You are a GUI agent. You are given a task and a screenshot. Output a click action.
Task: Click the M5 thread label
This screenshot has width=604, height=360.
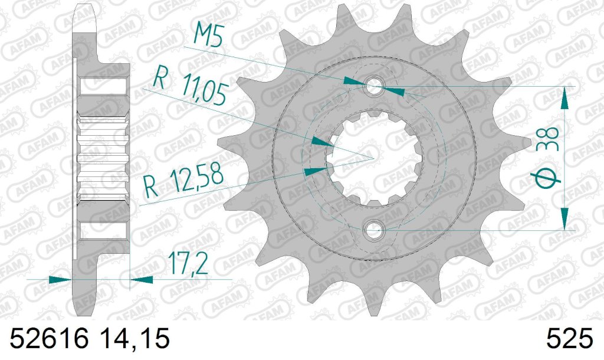[x=208, y=34]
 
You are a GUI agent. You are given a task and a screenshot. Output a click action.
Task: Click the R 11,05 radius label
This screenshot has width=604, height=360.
[x=189, y=87]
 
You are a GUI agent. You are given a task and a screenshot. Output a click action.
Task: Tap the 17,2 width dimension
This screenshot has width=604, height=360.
[x=188, y=263]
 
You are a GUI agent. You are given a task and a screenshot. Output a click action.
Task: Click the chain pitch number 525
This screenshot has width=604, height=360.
[x=569, y=338]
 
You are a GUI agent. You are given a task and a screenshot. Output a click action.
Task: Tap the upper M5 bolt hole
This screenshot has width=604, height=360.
[x=373, y=86]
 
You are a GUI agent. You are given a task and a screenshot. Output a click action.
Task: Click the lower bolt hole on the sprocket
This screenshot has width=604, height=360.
[x=373, y=230]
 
